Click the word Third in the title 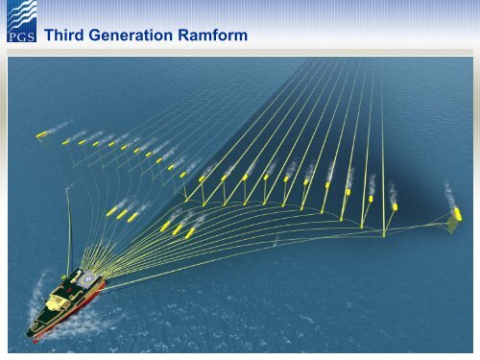click(x=65, y=36)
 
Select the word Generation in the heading click(x=134, y=36)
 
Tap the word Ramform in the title click(x=214, y=36)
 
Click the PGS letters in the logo click(x=21, y=37)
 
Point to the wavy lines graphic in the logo click(x=21, y=17)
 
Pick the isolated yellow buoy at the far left click(x=41, y=133)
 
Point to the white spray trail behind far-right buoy click(x=451, y=194)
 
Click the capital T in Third click(x=50, y=36)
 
